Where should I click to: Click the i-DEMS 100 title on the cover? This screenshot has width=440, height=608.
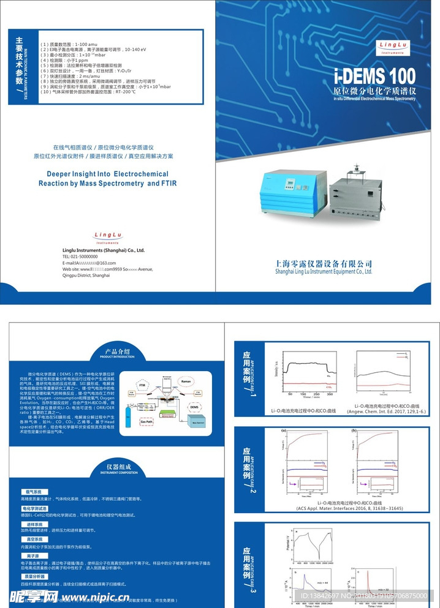(x=375, y=77)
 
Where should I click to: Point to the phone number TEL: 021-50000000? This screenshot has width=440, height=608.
(x=80, y=257)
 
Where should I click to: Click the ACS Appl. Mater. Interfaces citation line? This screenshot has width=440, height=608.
(x=332, y=508)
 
